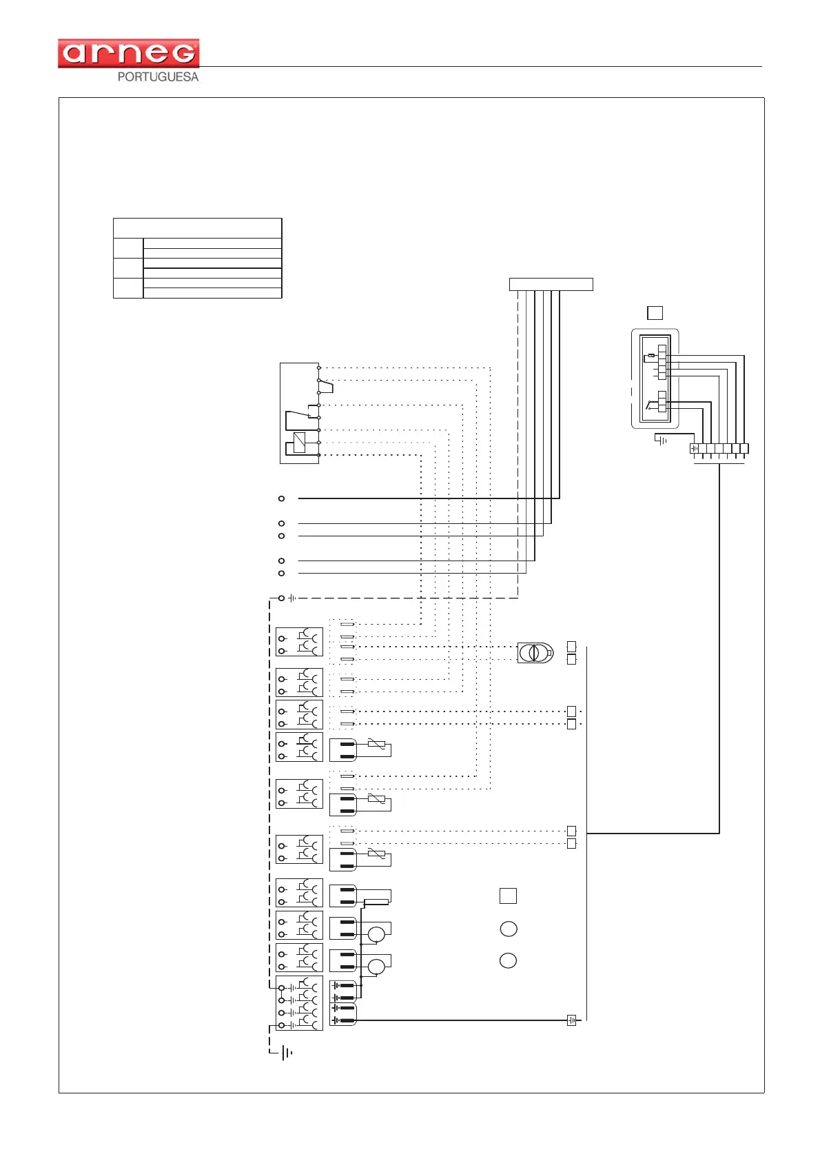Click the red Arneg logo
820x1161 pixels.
pyautogui.click(x=129, y=53)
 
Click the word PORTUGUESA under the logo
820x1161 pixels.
pyautogui.click(x=158, y=77)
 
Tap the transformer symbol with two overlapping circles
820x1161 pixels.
pyautogui.click(x=534, y=652)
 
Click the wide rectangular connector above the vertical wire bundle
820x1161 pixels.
pyautogui.click(x=551, y=284)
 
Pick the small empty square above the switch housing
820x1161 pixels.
pyautogui.click(x=655, y=313)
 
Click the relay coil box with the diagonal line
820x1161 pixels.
pyautogui.click(x=300, y=442)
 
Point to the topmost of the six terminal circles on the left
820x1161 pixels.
pyautogui.click(x=281, y=498)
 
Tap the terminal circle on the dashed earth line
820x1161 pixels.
pyautogui.click(x=281, y=598)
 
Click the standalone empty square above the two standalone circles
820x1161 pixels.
pyautogui.click(x=508, y=896)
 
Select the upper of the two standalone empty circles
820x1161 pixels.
pyautogui.click(x=508, y=929)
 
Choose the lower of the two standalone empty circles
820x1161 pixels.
pyautogui.click(x=508, y=960)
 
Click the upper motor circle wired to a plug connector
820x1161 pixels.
pyautogui.click(x=376, y=934)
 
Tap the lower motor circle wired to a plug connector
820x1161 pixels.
pyautogui.click(x=376, y=967)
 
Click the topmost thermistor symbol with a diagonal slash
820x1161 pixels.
pyautogui.click(x=376, y=744)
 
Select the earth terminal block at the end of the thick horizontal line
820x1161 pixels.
pyautogui.click(x=571, y=1020)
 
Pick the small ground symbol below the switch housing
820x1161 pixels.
pyautogui.click(x=662, y=440)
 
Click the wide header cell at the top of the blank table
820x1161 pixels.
pyautogui.click(x=197, y=228)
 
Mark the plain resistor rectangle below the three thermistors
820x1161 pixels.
pyautogui.click(x=376, y=902)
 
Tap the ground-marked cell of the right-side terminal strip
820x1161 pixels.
pyautogui.click(x=695, y=449)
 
